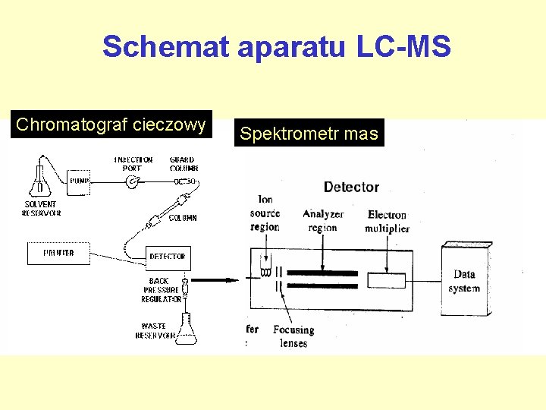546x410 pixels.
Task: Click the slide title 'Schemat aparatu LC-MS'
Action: [x=277, y=47]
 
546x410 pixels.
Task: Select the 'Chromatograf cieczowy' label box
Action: [x=111, y=125]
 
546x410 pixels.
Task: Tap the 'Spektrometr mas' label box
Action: [x=309, y=134]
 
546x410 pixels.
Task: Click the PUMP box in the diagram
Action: [x=80, y=181]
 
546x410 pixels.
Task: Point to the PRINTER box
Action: [x=58, y=253]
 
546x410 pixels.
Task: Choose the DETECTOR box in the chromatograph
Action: [x=167, y=257]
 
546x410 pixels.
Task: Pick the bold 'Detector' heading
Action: [x=351, y=186]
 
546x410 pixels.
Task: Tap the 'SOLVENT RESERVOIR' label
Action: [x=41, y=209]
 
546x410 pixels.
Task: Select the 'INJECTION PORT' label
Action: [x=133, y=164]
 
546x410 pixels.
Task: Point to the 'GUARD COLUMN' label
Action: [x=184, y=164]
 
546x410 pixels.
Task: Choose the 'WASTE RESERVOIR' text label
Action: [x=155, y=331]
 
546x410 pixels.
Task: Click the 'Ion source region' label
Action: [x=265, y=213]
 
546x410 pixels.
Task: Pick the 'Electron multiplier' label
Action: [x=387, y=222]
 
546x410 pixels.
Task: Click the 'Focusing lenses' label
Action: [x=293, y=336]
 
